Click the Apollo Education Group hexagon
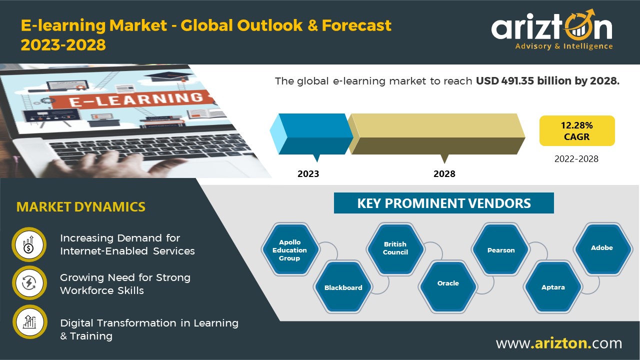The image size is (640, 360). click(x=290, y=249)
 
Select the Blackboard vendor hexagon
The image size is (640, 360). click(x=343, y=287)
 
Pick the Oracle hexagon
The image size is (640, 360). click(x=448, y=287)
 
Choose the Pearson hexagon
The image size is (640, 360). click(x=501, y=249)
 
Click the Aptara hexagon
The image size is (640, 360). click(x=553, y=287)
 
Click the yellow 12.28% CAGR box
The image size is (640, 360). click(x=577, y=130)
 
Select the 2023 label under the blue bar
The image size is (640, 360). click(x=308, y=173)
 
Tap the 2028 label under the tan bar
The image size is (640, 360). click(x=444, y=173)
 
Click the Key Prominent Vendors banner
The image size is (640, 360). click(x=443, y=203)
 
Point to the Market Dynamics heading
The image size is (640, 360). click(x=81, y=207)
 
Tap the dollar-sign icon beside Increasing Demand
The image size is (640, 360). click(x=29, y=244)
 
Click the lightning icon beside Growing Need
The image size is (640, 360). click(x=29, y=283)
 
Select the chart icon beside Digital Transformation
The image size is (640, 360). click(x=29, y=322)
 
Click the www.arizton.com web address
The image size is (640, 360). click(x=559, y=343)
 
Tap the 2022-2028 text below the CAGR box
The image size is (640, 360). click(x=576, y=159)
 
